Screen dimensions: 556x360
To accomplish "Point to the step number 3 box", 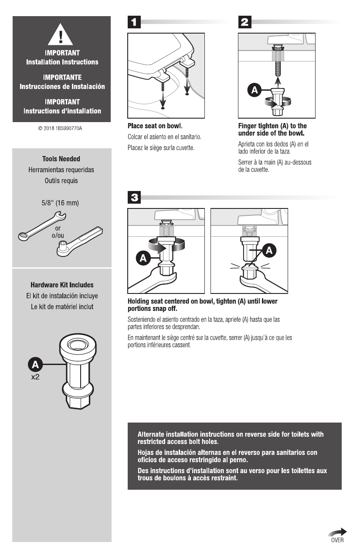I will coord(134,198).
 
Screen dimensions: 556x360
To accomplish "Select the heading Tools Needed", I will coord(61,159).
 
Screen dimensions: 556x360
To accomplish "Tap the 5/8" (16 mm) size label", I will coord(61,203).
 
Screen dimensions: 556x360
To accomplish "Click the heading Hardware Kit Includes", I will coord(62,285).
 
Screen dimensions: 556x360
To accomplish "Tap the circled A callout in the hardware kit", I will coord(35,364).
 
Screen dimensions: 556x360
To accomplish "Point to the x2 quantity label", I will coord(35,377).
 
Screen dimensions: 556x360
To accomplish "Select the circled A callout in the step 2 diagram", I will coord(254,90).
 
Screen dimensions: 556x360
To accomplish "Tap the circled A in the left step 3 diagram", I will coord(143,257).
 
